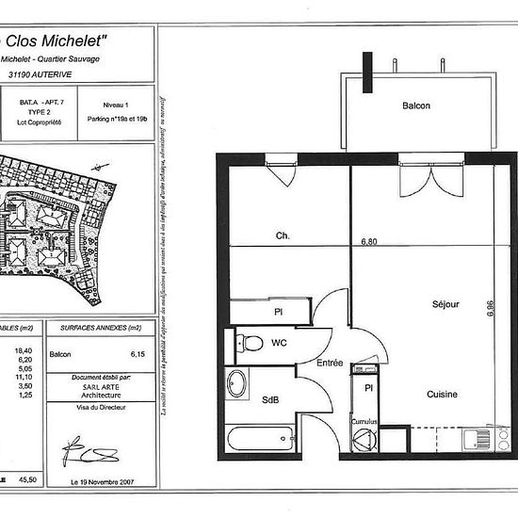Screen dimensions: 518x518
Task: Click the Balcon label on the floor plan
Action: pos(415,106)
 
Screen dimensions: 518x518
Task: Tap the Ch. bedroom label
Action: pos(281,235)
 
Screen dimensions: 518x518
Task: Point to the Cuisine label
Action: pos(441,395)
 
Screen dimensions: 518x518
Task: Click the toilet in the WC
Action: pos(248,340)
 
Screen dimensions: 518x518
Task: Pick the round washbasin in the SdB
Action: pos(236,384)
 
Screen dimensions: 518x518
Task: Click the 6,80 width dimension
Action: pos(367,241)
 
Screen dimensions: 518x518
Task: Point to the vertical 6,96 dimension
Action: pos(491,311)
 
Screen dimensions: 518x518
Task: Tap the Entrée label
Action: pos(330,362)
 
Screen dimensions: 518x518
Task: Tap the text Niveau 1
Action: pos(114,106)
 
